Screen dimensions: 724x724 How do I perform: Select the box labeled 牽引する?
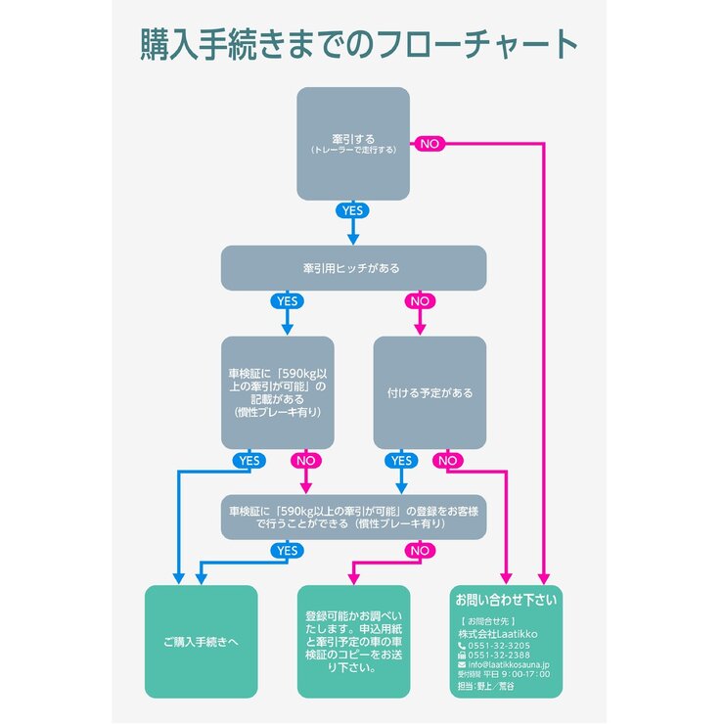click(x=353, y=143)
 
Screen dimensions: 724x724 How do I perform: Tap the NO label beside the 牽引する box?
click(x=429, y=144)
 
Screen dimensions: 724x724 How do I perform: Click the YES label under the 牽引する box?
click(x=352, y=210)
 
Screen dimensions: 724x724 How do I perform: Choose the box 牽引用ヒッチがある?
click(x=353, y=268)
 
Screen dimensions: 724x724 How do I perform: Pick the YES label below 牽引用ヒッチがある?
click(x=287, y=301)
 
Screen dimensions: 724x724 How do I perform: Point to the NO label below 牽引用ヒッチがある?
click(x=420, y=301)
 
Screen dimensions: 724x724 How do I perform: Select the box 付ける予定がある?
click(x=430, y=392)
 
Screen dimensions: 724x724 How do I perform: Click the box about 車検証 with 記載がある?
click(x=277, y=392)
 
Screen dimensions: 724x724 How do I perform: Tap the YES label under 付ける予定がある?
click(x=400, y=460)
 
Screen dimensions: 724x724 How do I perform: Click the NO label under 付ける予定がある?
click(x=447, y=460)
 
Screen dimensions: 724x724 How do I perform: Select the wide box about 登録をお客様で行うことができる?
click(x=353, y=518)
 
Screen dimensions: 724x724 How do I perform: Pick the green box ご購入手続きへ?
click(x=201, y=642)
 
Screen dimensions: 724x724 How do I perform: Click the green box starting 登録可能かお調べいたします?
click(x=353, y=642)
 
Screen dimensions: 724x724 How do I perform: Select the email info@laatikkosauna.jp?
click(x=509, y=664)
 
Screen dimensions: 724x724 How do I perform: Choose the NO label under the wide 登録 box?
click(x=420, y=551)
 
